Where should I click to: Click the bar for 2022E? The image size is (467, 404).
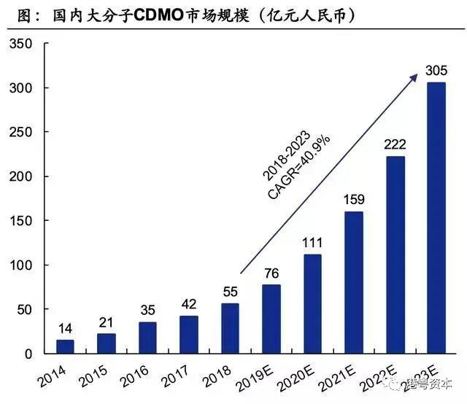click(395, 255)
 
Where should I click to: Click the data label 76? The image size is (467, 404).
click(271, 273)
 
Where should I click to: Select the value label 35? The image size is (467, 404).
click(147, 310)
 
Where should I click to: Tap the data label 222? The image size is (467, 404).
click(395, 144)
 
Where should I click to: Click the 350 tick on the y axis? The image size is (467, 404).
click(20, 44)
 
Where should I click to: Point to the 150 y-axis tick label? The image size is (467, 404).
click(20, 221)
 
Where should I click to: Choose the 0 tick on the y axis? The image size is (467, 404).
click(28, 354)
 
